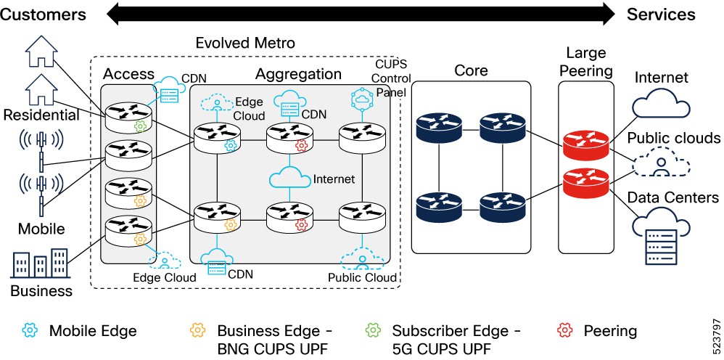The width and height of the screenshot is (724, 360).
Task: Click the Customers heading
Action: coord(44,14)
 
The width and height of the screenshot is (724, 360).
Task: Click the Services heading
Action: coord(661,14)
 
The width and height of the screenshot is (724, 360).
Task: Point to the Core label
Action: coord(471,70)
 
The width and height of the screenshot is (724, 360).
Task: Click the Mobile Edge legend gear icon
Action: coord(30,331)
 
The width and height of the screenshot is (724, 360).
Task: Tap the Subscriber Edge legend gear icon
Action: coord(372,331)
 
